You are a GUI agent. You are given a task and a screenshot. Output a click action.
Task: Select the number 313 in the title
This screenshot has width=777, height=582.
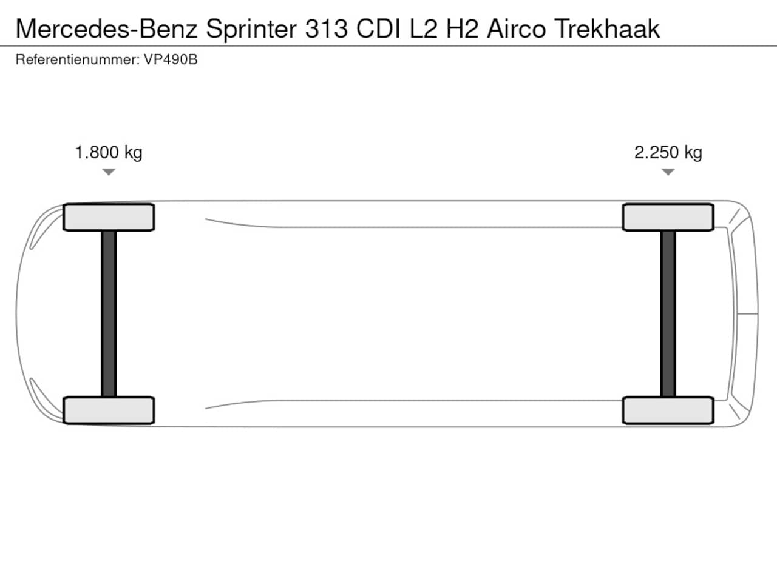[x=327, y=28]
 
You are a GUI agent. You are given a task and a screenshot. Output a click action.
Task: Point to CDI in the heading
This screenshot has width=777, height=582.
[x=378, y=28]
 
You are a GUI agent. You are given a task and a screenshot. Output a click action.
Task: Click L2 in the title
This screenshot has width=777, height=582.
[x=424, y=28]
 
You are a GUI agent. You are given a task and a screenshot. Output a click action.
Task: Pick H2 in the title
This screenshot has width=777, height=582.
[x=463, y=28]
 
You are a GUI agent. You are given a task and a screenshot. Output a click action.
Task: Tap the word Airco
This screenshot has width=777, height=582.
[x=516, y=28]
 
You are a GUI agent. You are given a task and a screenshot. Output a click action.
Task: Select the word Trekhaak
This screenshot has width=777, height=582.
[x=607, y=28]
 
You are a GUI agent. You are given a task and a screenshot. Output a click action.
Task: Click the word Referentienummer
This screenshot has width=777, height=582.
[x=78, y=60]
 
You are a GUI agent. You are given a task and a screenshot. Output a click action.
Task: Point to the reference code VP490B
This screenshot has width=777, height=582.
[x=171, y=60]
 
